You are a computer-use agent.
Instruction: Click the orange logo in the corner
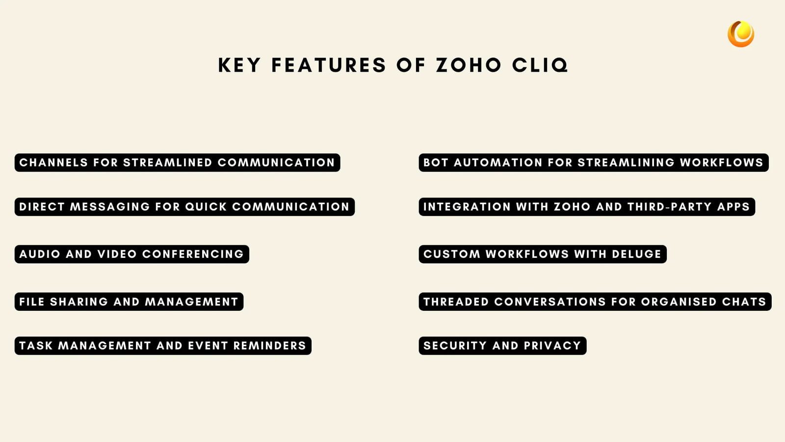(x=741, y=34)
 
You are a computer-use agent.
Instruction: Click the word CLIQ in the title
(x=540, y=65)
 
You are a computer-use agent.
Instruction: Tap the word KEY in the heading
(x=239, y=65)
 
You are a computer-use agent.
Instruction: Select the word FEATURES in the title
(x=329, y=65)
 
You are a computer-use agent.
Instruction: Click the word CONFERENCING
(x=193, y=254)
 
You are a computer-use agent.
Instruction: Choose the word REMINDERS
(x=269, y=346)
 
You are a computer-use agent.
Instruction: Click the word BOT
(x=436, y=163)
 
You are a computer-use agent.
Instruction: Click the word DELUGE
(x=636, y=254)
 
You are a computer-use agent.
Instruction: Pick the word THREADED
(x=456, y=302)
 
